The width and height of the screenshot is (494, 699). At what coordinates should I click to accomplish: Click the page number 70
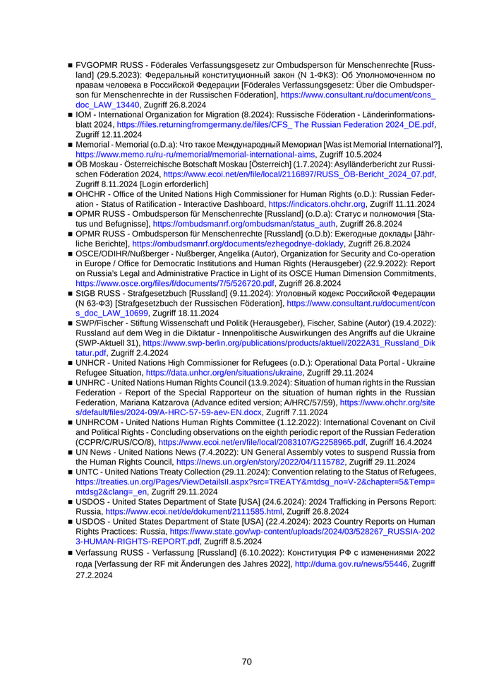pos(247,662)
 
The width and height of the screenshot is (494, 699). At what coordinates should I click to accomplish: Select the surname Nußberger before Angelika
pos(183,253)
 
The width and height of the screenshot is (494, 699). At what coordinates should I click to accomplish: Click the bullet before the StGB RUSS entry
pos(71,293)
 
